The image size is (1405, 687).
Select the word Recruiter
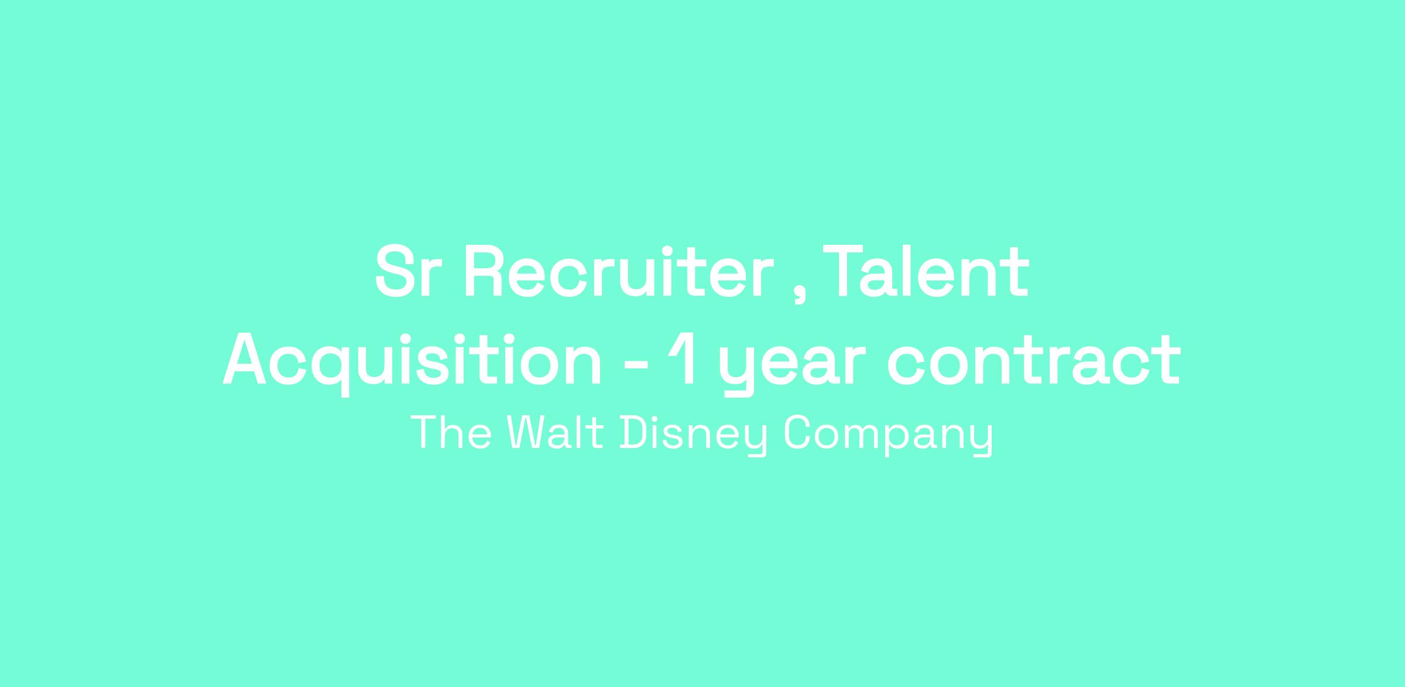pyautogui.click(x=614, y=272)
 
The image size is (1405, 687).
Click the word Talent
pyautogui.click(x=926, y=272)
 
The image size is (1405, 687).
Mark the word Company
pyautogui.click(x=889, y=436)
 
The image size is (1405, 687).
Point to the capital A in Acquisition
pyautogui.click(x=245, y=360)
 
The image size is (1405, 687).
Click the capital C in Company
pyautogui.click(x=798, y=433)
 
